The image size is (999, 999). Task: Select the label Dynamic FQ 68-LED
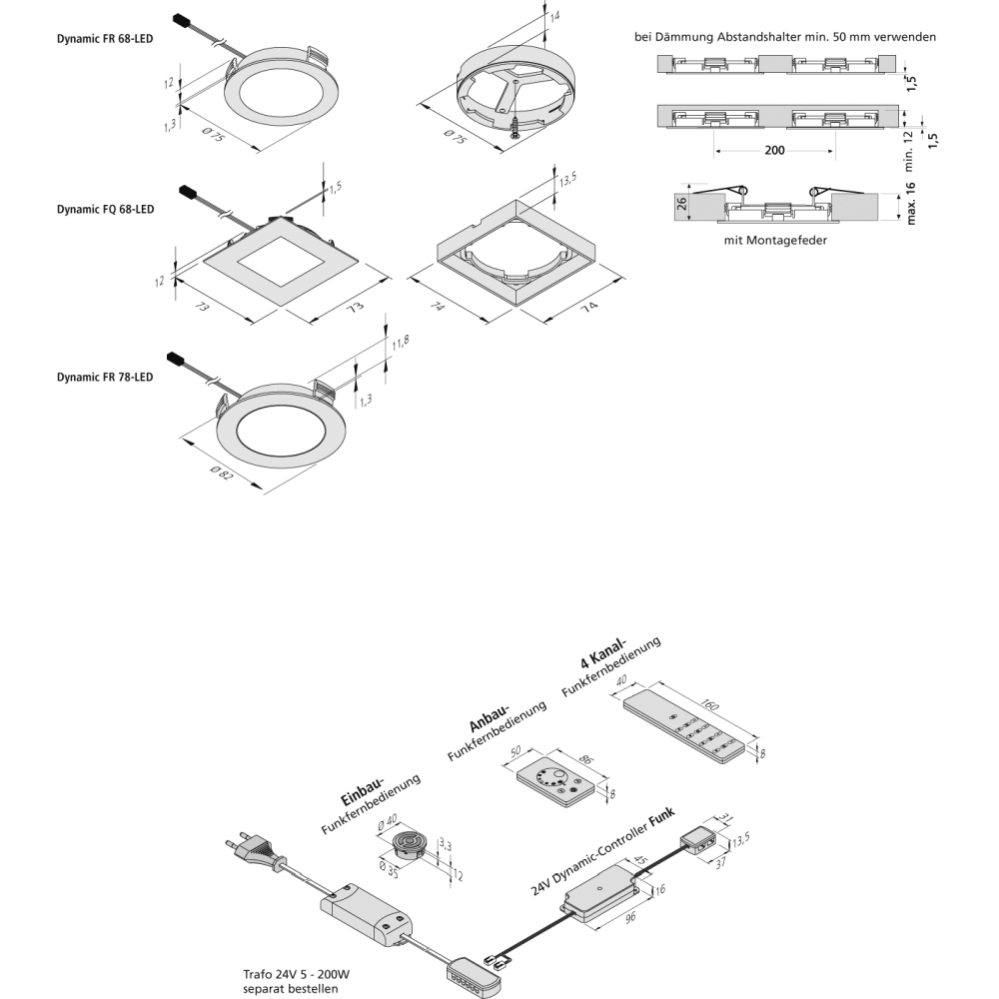[x=105, y=211]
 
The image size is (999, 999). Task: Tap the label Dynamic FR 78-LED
[x=105, y=378]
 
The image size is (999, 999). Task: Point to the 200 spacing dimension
[x=774, y=151]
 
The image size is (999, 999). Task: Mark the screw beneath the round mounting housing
[x=515, y=127]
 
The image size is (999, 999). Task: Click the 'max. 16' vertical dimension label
[x=910, y=205]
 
